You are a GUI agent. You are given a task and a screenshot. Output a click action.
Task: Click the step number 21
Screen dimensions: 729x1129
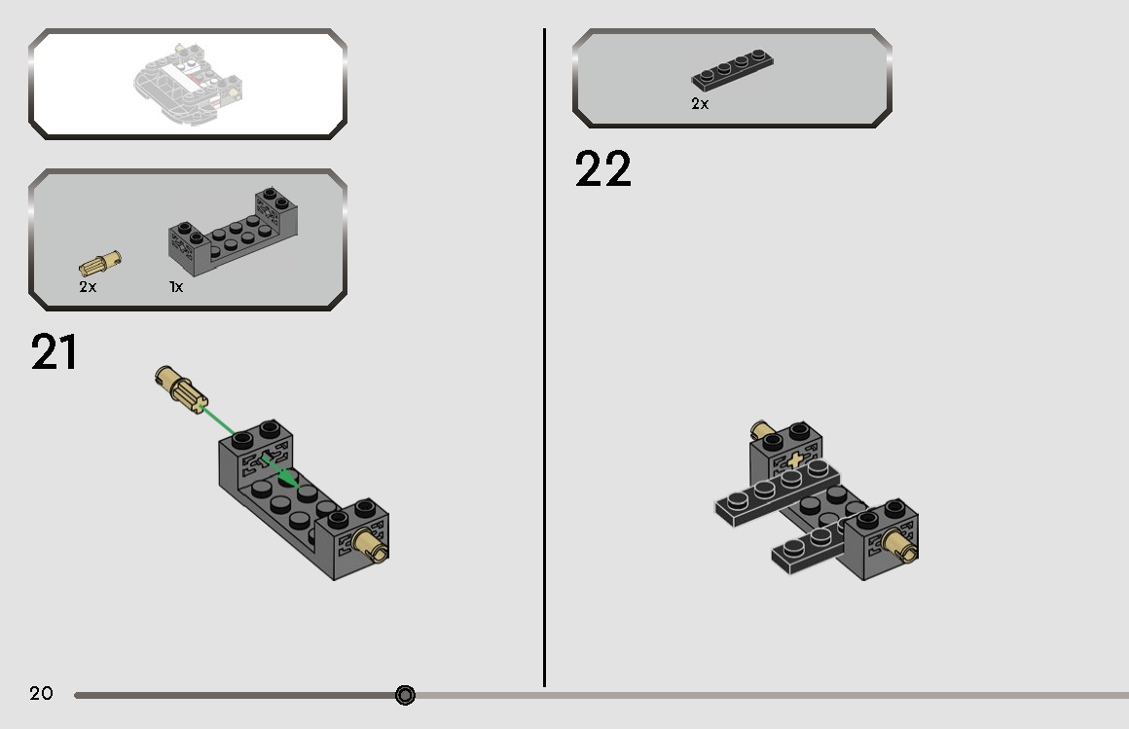pyautogui.click(x=55, y=352)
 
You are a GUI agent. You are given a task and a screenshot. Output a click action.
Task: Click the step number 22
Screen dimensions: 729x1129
pyautogui.click(x=602, y=169)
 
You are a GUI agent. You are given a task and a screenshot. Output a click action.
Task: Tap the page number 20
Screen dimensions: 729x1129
pyautogui.click(x=41, y=693)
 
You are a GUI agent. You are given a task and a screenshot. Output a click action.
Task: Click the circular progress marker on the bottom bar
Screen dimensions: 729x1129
pyautogui.click(x=405, y=695)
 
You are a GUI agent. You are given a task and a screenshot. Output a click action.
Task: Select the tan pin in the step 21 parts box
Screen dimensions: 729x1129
pyautogui.click(x=100, y=264)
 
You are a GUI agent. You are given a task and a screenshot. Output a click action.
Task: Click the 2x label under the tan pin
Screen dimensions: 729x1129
pyautogui.click(x=88, y=287)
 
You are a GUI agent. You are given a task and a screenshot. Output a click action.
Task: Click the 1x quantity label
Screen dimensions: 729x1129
pyautogui.click(x=176, y=287)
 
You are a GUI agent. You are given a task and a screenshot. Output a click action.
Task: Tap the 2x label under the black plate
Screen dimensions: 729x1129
pyautogui.click(x=700, y=103)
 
